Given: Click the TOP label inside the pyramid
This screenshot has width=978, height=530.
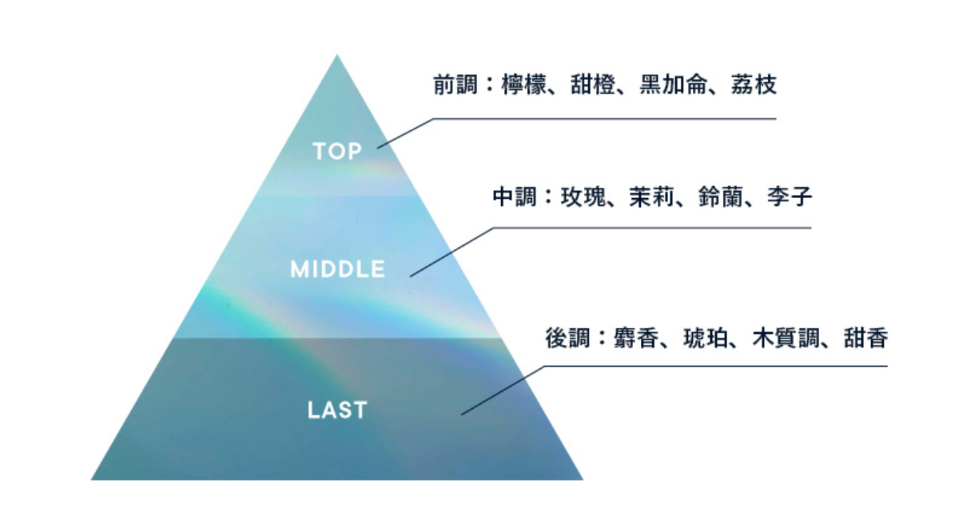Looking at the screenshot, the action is point(337,151).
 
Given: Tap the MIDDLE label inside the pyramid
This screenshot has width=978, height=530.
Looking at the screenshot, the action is point(337,269).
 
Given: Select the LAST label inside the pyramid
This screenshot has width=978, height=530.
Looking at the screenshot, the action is point(337,410).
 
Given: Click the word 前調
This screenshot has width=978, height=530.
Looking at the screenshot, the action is point(455,85).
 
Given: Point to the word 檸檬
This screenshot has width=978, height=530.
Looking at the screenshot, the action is point(524,85).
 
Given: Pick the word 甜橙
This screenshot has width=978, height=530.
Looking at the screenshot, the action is point(593,85).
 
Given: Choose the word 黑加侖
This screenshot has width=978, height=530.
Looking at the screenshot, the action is point(673,85).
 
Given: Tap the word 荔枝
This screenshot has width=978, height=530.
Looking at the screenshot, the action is point(754,85).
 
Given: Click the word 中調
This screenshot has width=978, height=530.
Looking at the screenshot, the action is point(515,197).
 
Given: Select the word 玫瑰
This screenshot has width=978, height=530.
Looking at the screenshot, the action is point(583,197).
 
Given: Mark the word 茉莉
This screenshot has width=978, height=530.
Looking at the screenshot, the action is point(652,197).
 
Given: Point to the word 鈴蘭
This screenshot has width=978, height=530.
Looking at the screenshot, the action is point(721,197).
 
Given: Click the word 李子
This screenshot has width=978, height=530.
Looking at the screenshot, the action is point(790,197).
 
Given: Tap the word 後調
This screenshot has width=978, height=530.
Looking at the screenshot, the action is point(567,338).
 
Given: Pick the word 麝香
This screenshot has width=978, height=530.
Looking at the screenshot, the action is point(636,338).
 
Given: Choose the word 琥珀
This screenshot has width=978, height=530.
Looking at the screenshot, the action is point(705,338).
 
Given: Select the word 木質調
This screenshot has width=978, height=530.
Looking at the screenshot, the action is point(786,338).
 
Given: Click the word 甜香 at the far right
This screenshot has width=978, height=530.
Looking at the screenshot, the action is point(866,338).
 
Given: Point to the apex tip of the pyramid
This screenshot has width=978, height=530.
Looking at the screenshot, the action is point(336,55).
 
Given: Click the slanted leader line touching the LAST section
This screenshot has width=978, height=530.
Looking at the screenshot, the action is point(503,390).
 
